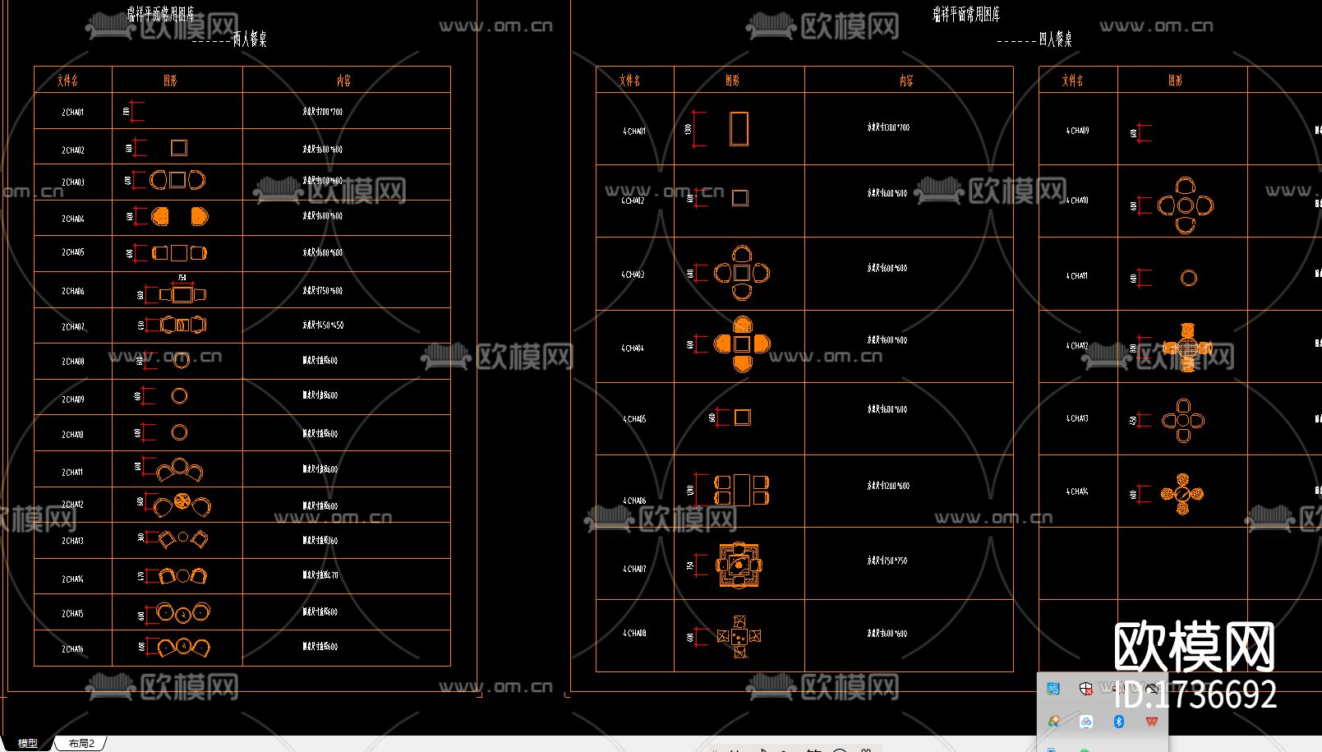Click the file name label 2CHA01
tap(72, 112)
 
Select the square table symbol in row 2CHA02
tap(178, 148)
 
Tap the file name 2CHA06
tap(72, 291)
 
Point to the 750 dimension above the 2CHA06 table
tap(182, 278)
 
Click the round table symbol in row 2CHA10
tap(179, 432)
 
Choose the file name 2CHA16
tap(72, 649)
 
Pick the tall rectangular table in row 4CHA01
tap(739, 129)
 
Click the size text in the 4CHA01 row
tap(888, 127)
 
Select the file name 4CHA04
tap(633, 348)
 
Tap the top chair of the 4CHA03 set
tap(742, 253)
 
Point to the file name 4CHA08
tap(633, 634)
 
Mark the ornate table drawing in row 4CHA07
tap(739, 565)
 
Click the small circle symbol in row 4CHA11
tap(1188, 278)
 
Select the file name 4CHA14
tap(1077, 491)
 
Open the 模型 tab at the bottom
tap(28, 743)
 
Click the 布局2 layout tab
tap(81, 743)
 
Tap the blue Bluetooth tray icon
tap(1118, 722)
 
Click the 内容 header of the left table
tap(343, 81)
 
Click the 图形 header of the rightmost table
tap(1176, 81)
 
